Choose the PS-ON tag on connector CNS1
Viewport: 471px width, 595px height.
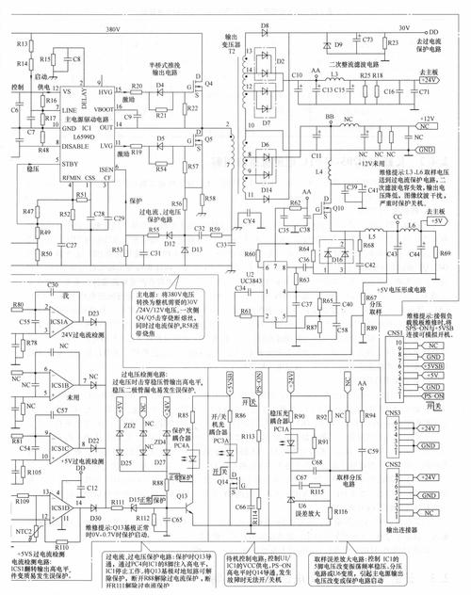click(x=433, y=397)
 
